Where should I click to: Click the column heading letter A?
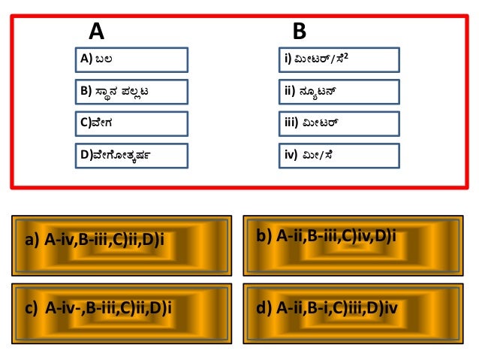[x=96, y=32]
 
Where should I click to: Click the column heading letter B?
[x=299, y=32]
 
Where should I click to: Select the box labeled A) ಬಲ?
[x=131, y=59]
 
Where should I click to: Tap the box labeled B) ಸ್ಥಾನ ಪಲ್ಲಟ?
[x=131, y=92]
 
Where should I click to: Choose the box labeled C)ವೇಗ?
[x=131, y=123]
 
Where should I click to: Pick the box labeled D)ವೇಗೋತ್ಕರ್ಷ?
[x=131, y=156]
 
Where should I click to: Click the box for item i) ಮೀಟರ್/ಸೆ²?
[x=338, y=59]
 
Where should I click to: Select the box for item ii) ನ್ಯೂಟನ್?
[x=338, y=92]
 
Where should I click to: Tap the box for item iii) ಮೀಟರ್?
[x=338, y=123]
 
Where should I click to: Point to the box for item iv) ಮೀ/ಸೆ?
[x=338, y=156]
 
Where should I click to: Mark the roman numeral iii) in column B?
[x=291, y=123]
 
